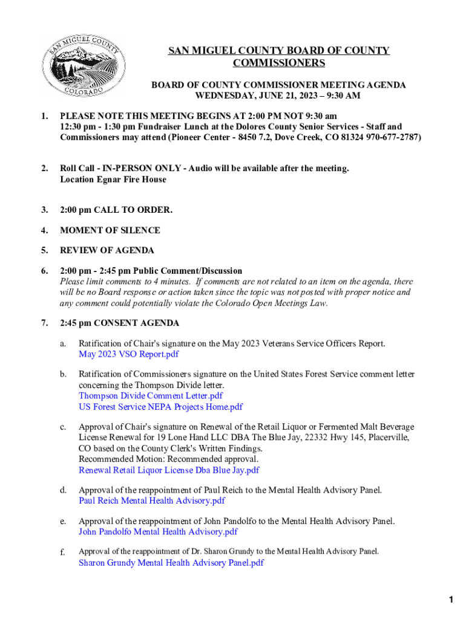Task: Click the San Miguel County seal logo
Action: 83,65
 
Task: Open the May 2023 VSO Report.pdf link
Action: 128,354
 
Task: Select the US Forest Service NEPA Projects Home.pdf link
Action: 160,407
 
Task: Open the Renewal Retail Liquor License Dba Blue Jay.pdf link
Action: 169,470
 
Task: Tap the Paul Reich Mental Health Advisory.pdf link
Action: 151,501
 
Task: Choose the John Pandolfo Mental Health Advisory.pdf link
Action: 158,532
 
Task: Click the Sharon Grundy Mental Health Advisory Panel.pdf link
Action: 171,563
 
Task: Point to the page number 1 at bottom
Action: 451,600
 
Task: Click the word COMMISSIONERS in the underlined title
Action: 279,63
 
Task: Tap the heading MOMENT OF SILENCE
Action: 110,230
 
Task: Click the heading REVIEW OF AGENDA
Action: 107,250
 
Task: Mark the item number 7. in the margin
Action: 45,323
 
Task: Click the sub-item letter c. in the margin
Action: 63,427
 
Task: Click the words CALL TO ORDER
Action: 134,210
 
